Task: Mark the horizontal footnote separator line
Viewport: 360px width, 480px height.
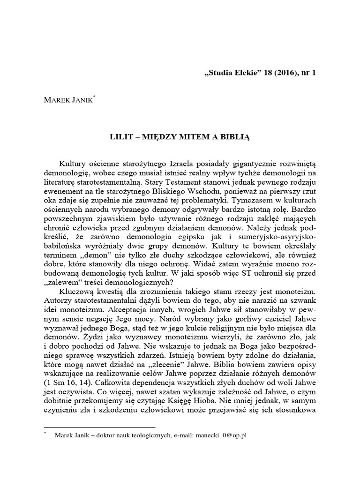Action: [99, 427]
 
